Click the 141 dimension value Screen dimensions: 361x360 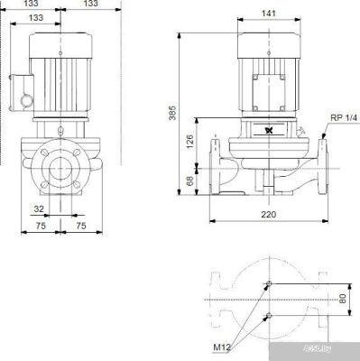point(268,14)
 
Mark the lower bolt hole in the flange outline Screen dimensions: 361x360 point(268,317)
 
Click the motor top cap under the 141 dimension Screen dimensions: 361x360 point(268,40)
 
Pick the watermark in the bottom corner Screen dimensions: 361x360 point(337,351)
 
